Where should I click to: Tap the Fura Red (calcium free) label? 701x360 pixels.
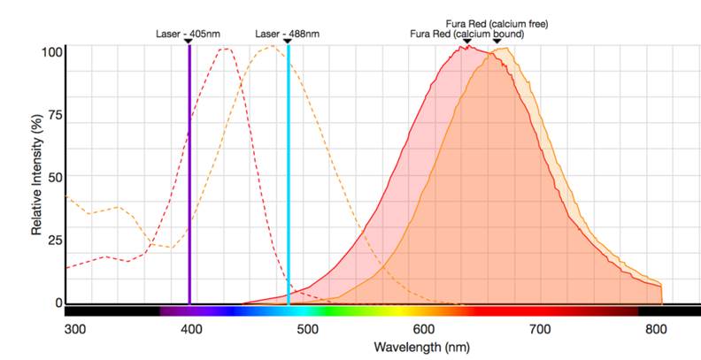pos(497,24)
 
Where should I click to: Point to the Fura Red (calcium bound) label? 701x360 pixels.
pos(467,34)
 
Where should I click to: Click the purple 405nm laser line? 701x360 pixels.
pos(189,177)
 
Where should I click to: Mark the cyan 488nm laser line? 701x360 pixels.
pos(288,177)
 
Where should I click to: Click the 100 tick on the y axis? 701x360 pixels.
pos(52,51)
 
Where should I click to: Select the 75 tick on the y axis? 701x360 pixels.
pos(56,114)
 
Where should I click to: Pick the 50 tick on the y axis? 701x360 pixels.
pos(56,177)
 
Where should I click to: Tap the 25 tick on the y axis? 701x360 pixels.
pos(56,240)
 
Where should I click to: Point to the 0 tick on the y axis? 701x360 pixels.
pos(59,303)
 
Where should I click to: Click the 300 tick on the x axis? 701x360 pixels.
pos(75,329)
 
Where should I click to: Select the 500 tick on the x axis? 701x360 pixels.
pos(307,329)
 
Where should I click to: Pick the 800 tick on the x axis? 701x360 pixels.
pos(656,329)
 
